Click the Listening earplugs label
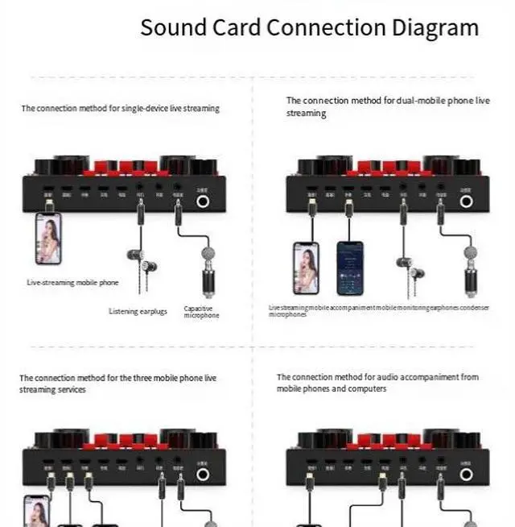click(138, 311)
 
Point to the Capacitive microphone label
click(201, 311)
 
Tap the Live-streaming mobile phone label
click(72, 283)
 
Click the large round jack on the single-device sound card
click(204, 203)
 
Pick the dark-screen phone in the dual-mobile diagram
click(350, 268)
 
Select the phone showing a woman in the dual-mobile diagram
click(306, 268)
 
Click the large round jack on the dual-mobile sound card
click(467, 203)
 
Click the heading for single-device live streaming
click(120, 108)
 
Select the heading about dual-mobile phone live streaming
click(388, 106)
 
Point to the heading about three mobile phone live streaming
click(117, 383)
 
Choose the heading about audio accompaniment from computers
click(377, 382)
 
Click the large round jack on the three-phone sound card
click(203, 475)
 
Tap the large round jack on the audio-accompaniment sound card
click(467, 475)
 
